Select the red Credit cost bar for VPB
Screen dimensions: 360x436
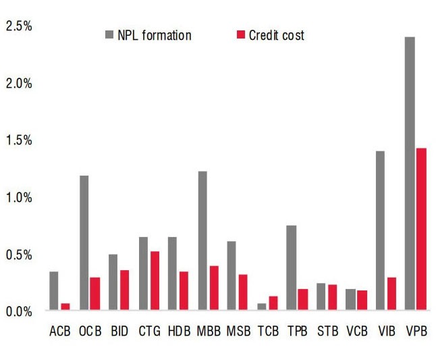click(x=421, y=229)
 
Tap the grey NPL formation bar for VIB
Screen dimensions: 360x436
click(x=380, y=230)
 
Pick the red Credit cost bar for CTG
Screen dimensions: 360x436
click(x=155, y=281)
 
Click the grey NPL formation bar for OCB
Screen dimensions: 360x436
click(x=84, y=243)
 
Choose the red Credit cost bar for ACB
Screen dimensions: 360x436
click(x=65, y=307)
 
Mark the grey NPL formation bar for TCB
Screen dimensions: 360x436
click(x=261, y=307)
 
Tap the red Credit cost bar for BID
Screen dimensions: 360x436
click(x=125, y=290)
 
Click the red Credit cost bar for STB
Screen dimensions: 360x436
click(x=333, y=297)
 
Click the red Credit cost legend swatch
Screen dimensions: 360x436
click(x=242, y=35)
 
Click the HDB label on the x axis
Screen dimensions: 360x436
click(x=178, y=331)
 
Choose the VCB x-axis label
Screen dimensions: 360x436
click(x=356, y=331)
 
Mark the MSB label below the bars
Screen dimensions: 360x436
click(x=238, y=331)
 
